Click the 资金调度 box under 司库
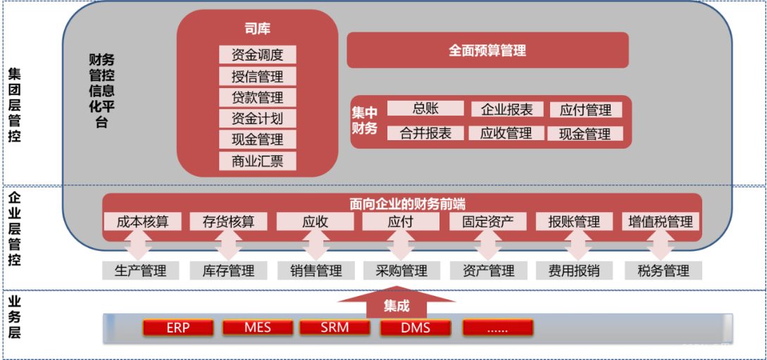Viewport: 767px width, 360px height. (x=257, y=55)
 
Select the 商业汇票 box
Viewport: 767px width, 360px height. (x=257, y=161)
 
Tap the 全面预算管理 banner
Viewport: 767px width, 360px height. (x=487, y=51)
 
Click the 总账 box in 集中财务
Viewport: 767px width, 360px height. (x=425, y=108)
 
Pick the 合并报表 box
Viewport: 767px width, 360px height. (x=425, y=133)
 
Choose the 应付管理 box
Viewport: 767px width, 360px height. (x=585, y=110)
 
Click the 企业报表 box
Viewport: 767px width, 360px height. (x=507, y=109)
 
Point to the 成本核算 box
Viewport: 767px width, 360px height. (x=143, y=221)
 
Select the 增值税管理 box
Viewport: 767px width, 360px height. (x=661, y=221)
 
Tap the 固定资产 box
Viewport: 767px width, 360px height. (x=488, y=221)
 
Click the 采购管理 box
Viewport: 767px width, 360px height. (x=401, y=271)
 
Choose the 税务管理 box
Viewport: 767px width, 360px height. (x=663, y=271)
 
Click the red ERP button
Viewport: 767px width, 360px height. (x=177, y=328)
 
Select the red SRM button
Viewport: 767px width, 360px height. (x=335, y=328)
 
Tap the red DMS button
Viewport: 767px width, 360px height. (x=416, y=328)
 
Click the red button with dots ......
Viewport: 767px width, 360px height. (x=497, y=328)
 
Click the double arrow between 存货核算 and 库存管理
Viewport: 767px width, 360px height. (x=228, y=246)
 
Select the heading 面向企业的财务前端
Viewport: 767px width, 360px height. (x=408, y=204)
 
